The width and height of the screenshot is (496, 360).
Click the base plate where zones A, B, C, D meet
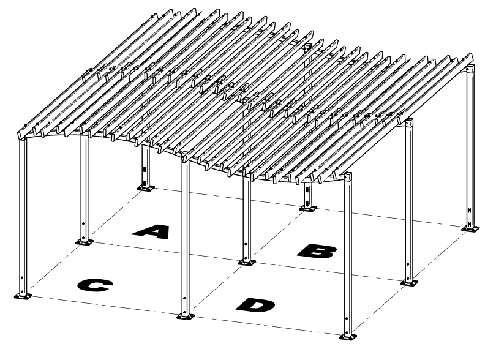click(x=247, y=263)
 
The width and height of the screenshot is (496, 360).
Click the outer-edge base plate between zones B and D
click(x=408, y=283)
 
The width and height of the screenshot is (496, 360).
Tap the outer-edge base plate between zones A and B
click(x=308, y=209)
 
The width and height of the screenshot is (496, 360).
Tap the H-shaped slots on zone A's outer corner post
click(x=145, y=175)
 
